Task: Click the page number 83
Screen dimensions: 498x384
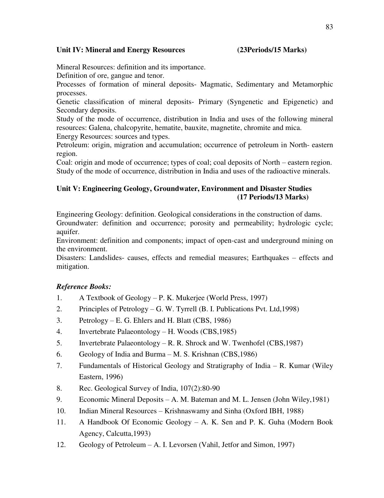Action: (329, 27)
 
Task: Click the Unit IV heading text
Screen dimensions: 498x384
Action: (120, 50)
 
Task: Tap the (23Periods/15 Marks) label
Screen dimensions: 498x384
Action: (272, 50)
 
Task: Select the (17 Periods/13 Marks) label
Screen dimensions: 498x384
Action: (273, 197)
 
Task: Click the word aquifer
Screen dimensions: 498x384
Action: (68, 232)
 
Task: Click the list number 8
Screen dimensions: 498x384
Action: (59, 388)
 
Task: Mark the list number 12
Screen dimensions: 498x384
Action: (61, 445)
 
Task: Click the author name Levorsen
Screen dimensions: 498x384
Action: (182, 445)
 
